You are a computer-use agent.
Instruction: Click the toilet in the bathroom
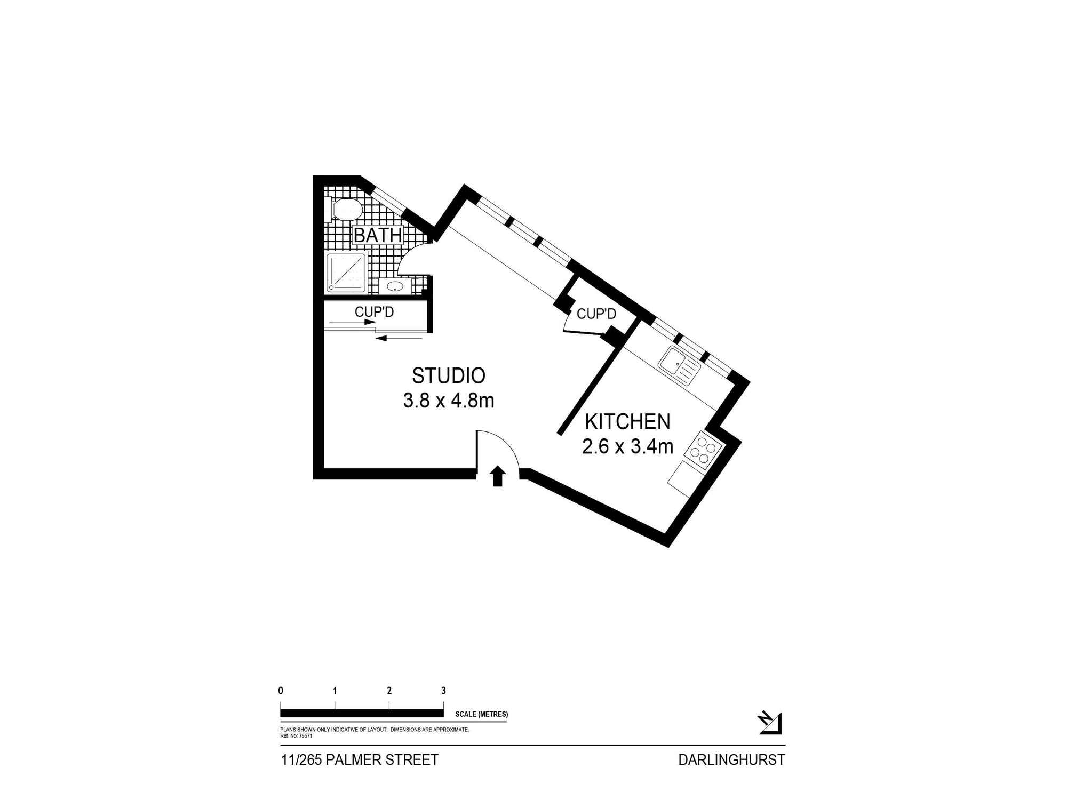click(345, 210)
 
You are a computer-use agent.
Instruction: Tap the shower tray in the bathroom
click(347, 273)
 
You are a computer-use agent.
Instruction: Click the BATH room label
click(378, 235)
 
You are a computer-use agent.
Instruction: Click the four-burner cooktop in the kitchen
click(703, 451)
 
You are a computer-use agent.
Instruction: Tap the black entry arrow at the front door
click(498, 476)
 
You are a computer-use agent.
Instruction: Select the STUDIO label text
click(449, 375)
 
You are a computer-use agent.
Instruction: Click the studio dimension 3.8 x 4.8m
click(449, 400)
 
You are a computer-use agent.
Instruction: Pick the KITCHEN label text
click(627, 421)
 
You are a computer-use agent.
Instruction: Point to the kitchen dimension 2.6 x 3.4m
click(627, 446)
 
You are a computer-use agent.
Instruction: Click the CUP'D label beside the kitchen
click(596, 314)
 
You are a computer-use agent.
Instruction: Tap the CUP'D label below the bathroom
click(374, 311)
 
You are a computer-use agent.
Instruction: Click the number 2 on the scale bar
click(389, 691)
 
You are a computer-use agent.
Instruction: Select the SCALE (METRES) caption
click(482, 714)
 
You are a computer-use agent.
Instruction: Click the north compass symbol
click(770, 723)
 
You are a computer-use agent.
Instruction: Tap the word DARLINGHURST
click(732, 760)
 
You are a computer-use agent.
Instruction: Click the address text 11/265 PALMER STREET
click(360, 760)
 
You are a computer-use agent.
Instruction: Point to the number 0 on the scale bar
click(281, 691)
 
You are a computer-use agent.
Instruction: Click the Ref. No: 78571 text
click(296, 735)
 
